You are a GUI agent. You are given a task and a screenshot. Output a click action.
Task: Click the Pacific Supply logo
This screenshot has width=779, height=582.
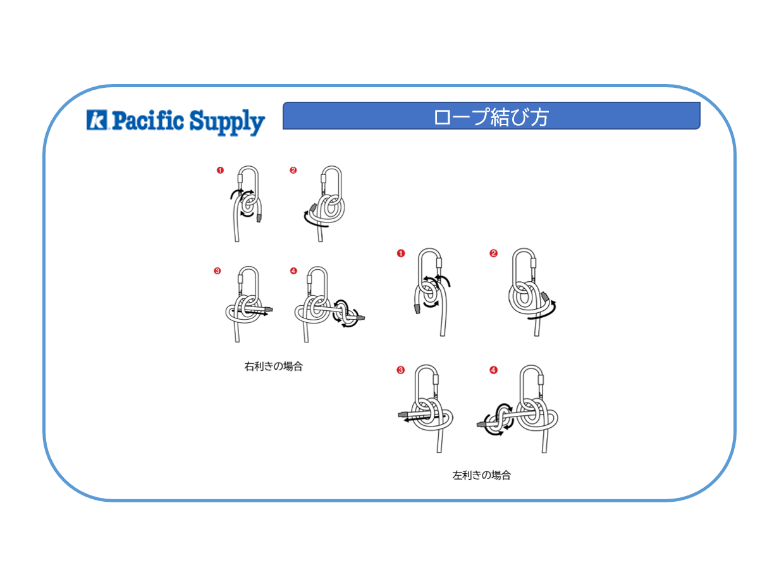175,121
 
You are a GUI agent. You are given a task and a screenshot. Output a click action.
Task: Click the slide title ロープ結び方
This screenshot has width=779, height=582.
491,117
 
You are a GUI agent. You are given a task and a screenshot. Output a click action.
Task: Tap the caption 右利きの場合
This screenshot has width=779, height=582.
273,367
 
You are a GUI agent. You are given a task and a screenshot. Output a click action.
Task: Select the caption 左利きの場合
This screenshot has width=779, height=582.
481,475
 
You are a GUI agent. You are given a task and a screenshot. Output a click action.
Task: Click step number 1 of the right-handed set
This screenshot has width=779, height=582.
220,170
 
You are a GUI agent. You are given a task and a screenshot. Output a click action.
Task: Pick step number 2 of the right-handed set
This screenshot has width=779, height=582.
293,170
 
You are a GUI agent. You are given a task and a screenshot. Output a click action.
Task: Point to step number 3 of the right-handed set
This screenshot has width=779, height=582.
218,271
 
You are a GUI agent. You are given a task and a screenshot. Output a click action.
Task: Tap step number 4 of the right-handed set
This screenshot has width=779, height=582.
293,271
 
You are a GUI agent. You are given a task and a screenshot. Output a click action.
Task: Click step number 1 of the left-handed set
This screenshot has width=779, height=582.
400,253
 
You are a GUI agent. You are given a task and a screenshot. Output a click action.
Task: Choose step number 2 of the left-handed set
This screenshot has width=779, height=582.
493,253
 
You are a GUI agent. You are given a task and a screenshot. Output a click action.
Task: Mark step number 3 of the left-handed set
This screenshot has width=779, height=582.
400,370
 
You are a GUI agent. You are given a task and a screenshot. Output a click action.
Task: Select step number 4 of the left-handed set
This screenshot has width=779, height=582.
493,370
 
